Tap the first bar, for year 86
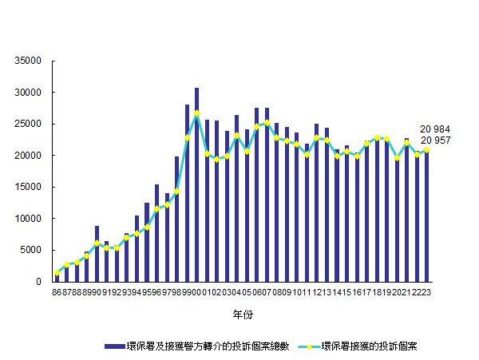57,276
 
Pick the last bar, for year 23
426,216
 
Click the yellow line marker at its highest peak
196,113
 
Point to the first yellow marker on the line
57,273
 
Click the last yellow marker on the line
426,149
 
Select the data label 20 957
435,140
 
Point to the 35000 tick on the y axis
29,61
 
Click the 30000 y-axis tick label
29,93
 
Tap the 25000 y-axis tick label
29,124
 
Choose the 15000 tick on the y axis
29,187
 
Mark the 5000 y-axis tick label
31,250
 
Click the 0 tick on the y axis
38,282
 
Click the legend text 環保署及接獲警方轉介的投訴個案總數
206,346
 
